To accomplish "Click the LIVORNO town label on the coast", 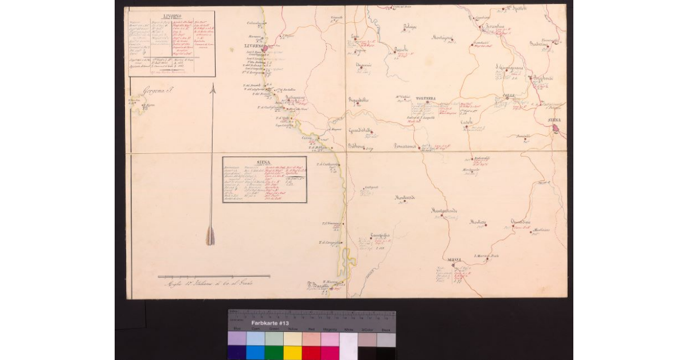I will pos(253,45).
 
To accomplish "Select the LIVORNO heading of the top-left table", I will pos(172,15).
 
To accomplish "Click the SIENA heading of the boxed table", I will pos(264,162).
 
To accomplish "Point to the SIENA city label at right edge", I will pos(554,119).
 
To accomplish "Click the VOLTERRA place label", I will pos(426,99).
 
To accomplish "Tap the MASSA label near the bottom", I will pos(455,260).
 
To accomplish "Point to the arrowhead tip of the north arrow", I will pos(212,84).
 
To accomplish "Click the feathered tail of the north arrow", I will pos(210,236).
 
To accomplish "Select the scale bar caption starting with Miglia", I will pos(209,283).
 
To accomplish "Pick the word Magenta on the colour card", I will pos(330,329).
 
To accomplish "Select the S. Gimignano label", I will pos(510,68).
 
